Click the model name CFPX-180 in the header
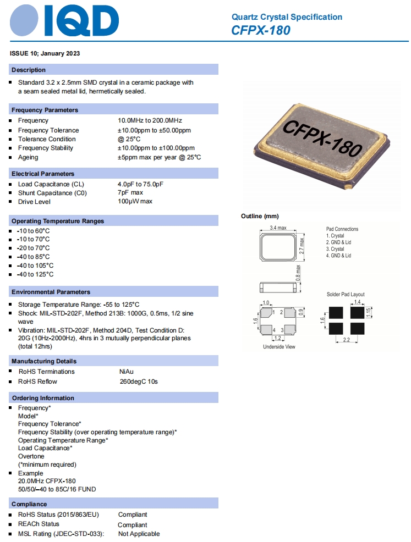[x=261, y=30]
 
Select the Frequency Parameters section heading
[x=45, y=110]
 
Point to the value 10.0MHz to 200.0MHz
[x=150, y=120]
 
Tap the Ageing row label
[x=28, y=157]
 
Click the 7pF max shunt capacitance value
[x=130, y=193]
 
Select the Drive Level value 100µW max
[x=135, y=202]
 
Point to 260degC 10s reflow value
[x=139, y=381]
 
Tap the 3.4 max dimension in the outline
[x=278, y=228]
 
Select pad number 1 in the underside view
[x=273, y=312]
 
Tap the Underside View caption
[x=279, y=347]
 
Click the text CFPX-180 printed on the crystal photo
[x=322, y=137]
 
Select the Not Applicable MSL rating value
[x=139, y=534]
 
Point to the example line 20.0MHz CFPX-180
[x=47, y=481]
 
